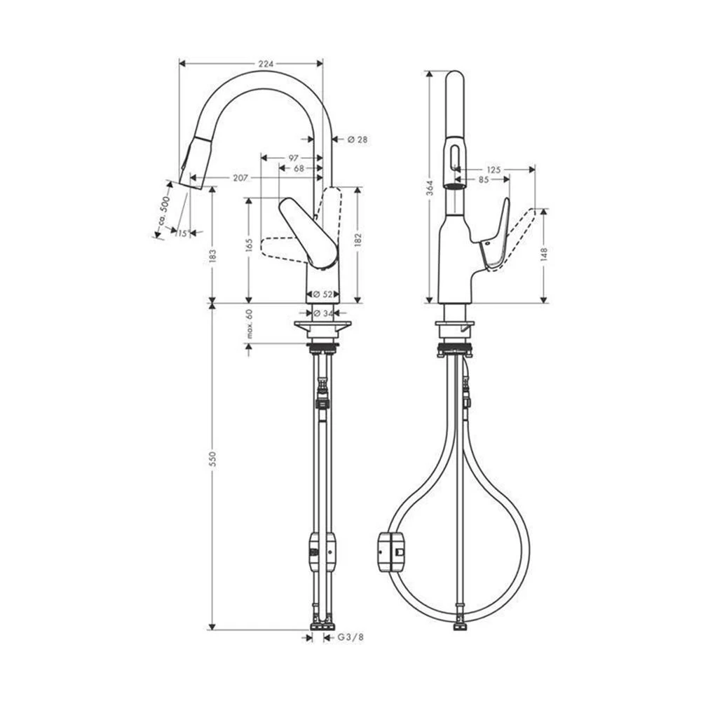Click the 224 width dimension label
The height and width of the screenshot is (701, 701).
[x=265, y=63]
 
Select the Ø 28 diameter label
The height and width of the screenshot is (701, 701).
[x=358, y=139]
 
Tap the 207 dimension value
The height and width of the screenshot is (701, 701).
[x=241, y=178]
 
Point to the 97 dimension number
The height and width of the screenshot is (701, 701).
[x=294, y=157]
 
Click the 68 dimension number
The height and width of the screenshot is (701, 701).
[x=299, y=168]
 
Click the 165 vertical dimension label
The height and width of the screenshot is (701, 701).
[x=249, y=245]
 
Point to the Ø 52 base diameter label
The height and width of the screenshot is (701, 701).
[x=322, y=294]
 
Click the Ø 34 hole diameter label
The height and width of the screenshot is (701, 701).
[x=322, y=313]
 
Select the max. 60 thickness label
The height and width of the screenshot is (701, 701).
[x=249, y=324]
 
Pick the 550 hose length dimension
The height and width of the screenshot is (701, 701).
[x=212, y=458]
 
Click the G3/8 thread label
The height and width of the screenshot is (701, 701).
[x=351, y=637]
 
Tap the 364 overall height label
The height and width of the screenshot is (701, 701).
[x=430, y=187]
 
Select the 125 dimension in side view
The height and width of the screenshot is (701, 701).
[x=493, y=170]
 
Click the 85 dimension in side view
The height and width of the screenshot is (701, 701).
[x=484, y=179]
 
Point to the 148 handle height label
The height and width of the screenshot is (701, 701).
[x=544, y=254]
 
